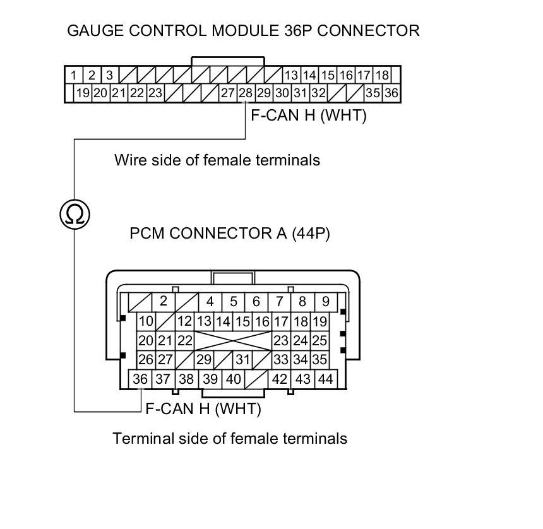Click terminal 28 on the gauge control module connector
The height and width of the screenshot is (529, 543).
tap(245, 93)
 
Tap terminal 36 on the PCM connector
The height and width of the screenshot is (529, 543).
tap(140, 379)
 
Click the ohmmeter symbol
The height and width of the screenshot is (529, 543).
tap(75, 215)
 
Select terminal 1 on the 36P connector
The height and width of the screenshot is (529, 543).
tap(74, 75)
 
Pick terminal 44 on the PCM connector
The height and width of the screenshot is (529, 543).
tap(325, 379)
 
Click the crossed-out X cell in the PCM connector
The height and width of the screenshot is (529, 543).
tap(233, 341)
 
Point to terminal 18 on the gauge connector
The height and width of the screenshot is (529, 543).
tap(382, 75)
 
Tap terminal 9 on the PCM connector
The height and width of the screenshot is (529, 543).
tap(325, 302)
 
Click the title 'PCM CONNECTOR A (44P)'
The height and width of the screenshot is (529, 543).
tap(230, 234)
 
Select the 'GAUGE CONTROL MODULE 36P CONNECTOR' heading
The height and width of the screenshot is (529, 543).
tap(243, 30)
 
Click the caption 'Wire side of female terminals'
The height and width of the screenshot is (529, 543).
tap(217, 160)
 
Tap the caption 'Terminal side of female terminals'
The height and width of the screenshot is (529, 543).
tap(230, 438)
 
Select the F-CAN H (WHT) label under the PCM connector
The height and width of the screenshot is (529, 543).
tap(203, 408)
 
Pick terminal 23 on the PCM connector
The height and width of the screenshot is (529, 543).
tap(280, 341)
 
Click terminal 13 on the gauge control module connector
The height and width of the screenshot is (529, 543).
tap(290, 75)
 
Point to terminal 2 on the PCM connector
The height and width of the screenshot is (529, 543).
tap(163, 302)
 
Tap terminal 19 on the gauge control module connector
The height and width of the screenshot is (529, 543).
tap(83, 93)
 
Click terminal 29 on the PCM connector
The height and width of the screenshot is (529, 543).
tap(203, 360)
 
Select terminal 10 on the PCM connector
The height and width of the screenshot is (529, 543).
tap(146, 322)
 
